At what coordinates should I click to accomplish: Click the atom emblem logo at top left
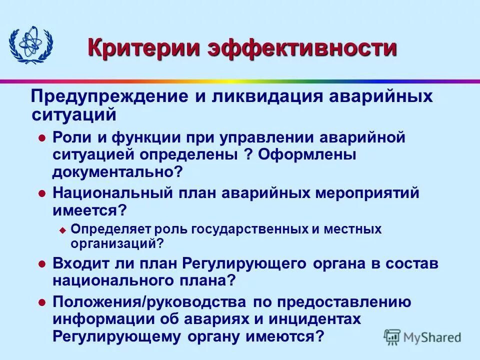[31, 45]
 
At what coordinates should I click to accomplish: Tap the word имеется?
[89, 209]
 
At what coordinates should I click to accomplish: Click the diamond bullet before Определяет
[62, 230]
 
